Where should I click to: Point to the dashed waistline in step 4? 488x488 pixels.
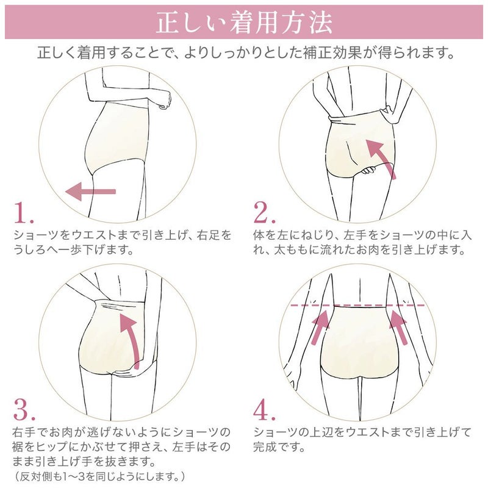(x=360, y=304)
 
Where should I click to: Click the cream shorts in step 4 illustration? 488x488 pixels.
(x=360, y=348)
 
